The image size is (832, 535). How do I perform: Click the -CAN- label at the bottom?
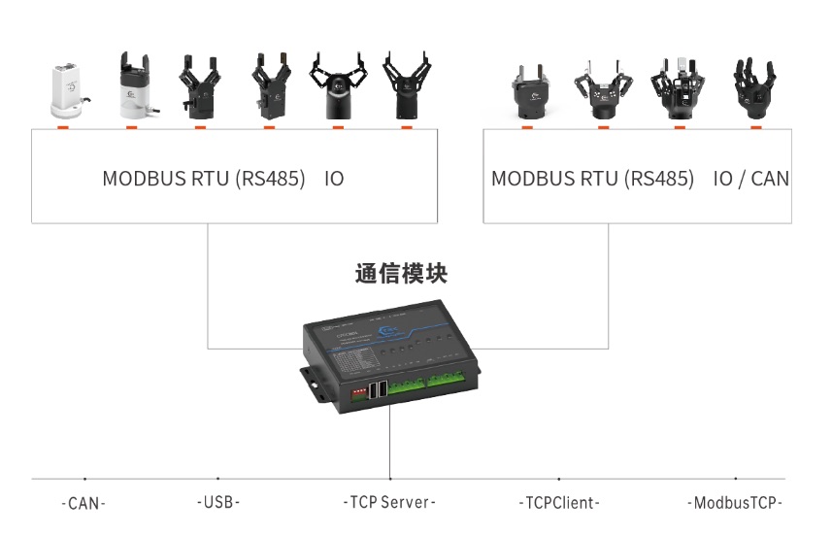tap(83, 503)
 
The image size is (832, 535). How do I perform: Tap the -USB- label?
tap(217, 503)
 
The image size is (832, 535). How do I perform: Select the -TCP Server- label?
tap(389, 503)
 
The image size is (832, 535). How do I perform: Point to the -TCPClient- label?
tap(558, 503)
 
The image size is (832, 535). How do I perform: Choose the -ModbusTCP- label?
tap(735, 503)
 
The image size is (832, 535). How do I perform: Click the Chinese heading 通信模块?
tap(401, 275)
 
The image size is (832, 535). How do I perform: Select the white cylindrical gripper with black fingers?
tap(132, 87)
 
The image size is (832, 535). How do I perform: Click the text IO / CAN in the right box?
tap(750, 180)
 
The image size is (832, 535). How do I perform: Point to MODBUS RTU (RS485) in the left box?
tap(204, 180)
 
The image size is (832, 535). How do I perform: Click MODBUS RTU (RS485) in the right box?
tap(592, 180)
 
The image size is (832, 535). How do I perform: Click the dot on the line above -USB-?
tap(217, 479)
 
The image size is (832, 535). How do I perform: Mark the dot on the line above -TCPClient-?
tap(558, 479)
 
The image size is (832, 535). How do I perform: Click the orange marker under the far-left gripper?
tap(64, 126)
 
